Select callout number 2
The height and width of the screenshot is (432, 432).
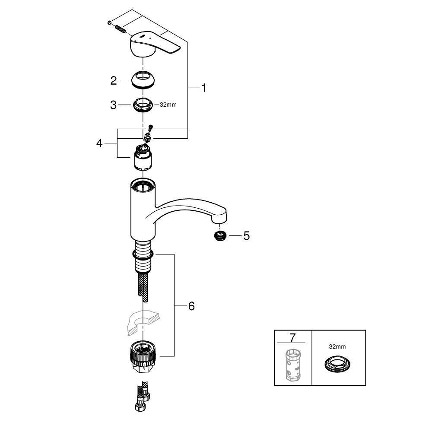click(x=114, y=80)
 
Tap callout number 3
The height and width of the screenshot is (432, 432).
click(x=114, y=105)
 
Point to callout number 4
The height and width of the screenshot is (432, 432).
click(x=100, y=143)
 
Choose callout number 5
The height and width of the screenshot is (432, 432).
click(x=246, y=236)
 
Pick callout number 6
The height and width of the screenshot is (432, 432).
click(x=191, y=306)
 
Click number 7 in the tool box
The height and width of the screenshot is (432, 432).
click(x=292, y=337)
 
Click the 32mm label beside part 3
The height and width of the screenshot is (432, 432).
click(x=168, y=105)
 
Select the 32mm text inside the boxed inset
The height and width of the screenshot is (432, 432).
click(x=337, y=346)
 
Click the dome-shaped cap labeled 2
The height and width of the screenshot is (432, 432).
click(x=143, y=80)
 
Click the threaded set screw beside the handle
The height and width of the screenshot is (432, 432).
click(x=120, y=30)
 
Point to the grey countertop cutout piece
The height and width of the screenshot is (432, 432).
click(x=140, y=322)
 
